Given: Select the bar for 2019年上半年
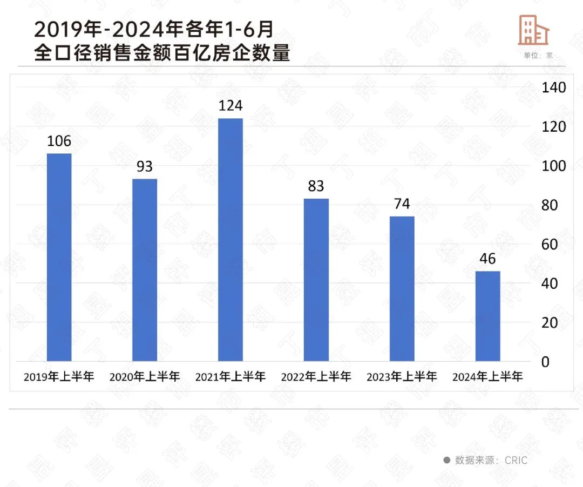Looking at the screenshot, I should [59, 257].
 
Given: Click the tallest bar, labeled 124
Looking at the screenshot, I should [231, 239].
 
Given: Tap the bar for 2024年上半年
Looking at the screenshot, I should [487, 316].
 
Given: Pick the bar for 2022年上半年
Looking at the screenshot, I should [316, 280].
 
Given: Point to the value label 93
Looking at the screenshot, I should [145, 166].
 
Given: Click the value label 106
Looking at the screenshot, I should [59, 141].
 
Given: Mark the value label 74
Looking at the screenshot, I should [402, 204].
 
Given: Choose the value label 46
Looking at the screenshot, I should [487, 259].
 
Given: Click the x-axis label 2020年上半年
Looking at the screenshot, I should [145, 377].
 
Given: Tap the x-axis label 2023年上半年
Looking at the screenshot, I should [402, 377].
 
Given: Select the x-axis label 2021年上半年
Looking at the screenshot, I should [231, 377].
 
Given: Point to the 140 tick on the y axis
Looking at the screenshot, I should [554, 87].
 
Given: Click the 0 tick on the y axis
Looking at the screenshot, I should [545, 362].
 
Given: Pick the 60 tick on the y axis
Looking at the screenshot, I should [550, 244].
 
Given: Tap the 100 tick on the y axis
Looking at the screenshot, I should [554, 166].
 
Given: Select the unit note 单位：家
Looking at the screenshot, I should [538, 55].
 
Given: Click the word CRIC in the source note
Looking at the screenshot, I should [516, 461].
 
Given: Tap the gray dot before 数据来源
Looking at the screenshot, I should [446, 461].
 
